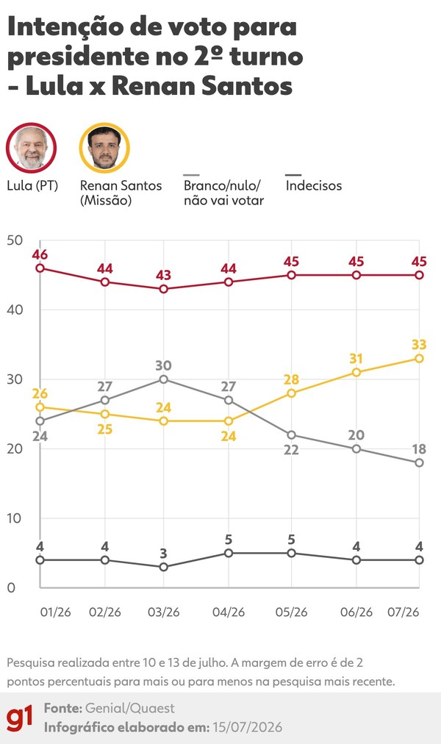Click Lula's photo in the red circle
point(32,147)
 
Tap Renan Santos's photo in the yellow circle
point(104,147)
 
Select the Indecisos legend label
point(313,185)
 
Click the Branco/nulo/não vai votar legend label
point(223,193)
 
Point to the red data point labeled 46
point(40,268)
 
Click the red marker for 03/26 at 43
point(164,289)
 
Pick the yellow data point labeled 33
point(419,358)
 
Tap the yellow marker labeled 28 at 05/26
point(291,393)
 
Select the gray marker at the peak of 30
point(164,379)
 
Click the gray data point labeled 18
point(419,462)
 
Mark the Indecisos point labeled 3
point(164,567)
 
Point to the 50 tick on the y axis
point(15,240)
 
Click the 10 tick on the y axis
point(15,518)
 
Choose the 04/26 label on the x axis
point(229,612)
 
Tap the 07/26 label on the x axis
point(403,612)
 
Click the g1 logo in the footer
point(20,718)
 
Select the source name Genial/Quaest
point(130,709)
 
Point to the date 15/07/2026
point(247,727)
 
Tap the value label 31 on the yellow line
point(356,358)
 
